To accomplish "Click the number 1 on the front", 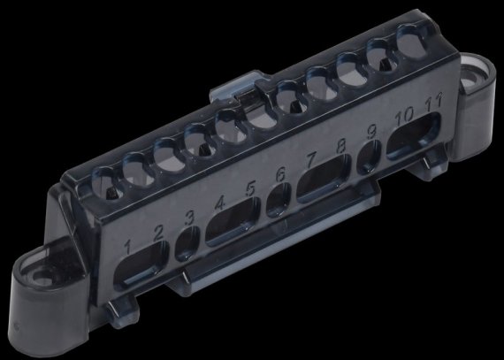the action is pyautogui.click(x=128, y=247).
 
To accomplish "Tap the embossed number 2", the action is pyautogui.click(x=158, y=233).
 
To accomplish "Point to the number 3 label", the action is pyautogui.click(x=189, y=218).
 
